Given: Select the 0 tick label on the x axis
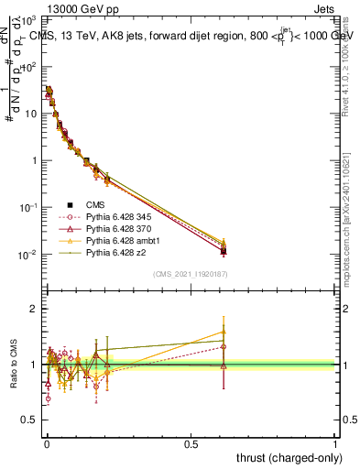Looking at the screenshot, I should [47, 442].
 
